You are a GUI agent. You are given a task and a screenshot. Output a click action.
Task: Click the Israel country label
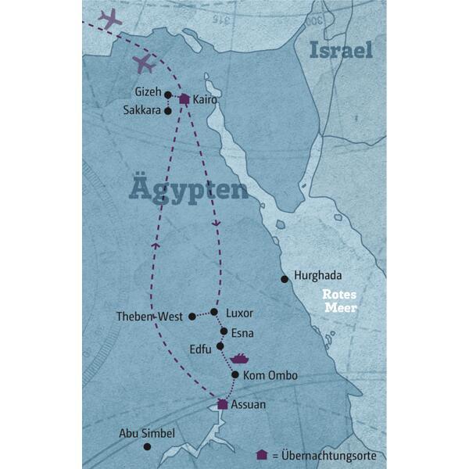tap(341, 51)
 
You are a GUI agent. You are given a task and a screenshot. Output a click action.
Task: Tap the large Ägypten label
tap(186, 189)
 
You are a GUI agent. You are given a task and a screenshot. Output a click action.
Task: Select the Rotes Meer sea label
tap(342, 302)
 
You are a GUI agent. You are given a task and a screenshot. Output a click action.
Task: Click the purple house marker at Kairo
tap(184, 99)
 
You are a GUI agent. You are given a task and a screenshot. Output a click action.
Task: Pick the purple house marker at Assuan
tap(223, 404)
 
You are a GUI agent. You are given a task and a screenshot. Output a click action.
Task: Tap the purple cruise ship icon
tap(239, 359)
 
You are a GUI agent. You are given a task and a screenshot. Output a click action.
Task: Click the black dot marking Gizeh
tap(168, 95)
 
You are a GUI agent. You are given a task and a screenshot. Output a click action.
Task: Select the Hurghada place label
tap(317, 275)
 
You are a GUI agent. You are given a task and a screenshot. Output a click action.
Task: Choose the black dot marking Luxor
tap(215, 312)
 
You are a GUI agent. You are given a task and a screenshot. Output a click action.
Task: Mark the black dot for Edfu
tap(220, 345)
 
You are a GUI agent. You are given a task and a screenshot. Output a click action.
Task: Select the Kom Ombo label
tap(270, 376)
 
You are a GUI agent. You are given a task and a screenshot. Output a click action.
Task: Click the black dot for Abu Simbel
tap(147, 446)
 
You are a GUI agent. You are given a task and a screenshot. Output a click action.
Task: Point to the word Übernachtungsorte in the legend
tap(330, 454)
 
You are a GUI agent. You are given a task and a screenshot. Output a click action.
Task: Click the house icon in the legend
tap(262, 454)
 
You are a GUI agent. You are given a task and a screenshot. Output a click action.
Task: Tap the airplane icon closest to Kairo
tap(143, 63)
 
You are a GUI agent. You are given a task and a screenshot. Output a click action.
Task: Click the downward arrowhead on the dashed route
tap(217, 224)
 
